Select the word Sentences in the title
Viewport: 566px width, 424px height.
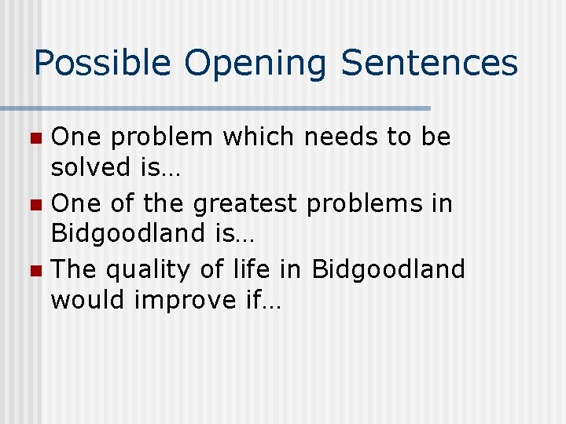[429, 63]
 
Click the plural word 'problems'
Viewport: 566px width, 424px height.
[358, 204]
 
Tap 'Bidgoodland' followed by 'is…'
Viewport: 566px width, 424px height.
[127, 233]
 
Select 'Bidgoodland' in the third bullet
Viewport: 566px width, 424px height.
[388, 269]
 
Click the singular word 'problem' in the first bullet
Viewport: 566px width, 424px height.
[160, 138]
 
